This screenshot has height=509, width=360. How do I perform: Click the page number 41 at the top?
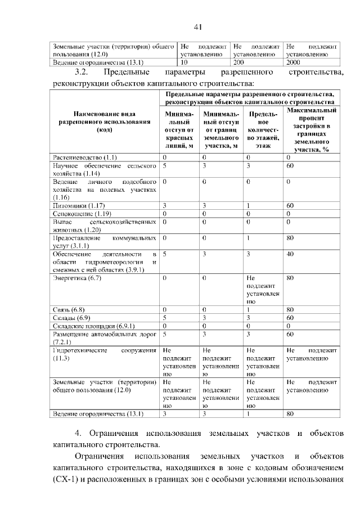197,26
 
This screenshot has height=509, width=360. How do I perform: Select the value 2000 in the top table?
293,63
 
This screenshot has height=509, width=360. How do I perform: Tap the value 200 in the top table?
239,63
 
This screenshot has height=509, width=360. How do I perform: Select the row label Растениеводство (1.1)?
84,157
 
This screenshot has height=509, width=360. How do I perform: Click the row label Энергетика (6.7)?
77,278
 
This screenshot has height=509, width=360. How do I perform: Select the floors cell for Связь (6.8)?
248,309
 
